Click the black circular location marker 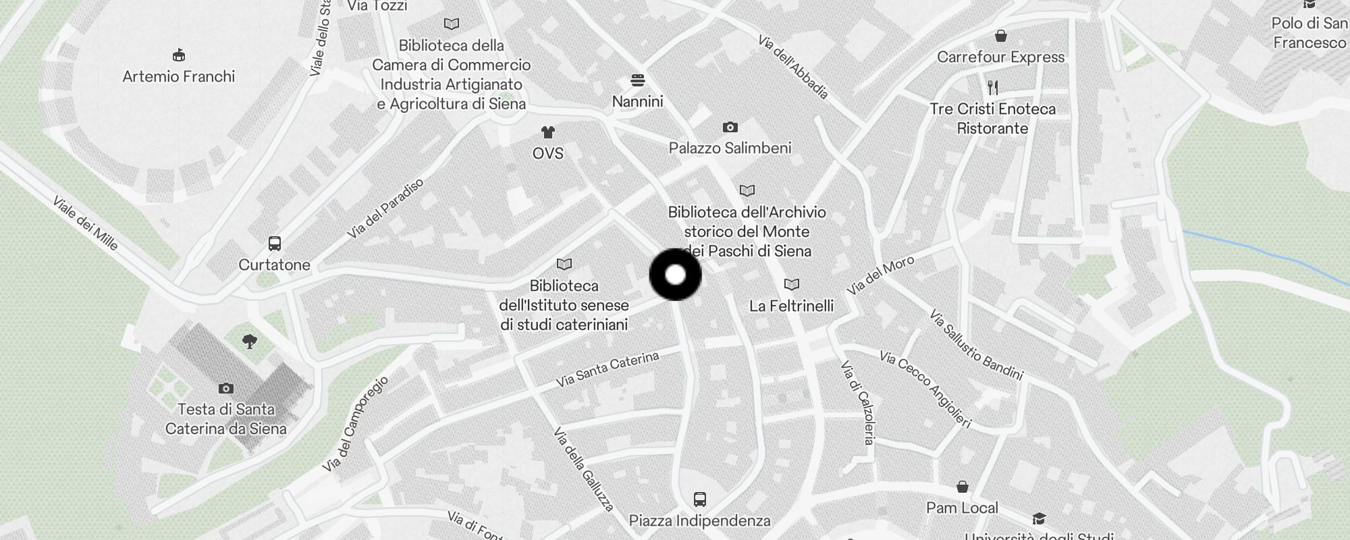point(675,275)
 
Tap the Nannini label point(637,102)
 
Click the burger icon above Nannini point(637,80)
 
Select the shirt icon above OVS point(547,132)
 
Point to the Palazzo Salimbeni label point(730,148)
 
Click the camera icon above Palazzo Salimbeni point(730,127)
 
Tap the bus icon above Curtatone point(274,244)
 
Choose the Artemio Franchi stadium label point(179,76)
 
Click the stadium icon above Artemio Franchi point(179,55)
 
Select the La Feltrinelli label point(791,306)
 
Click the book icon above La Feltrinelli point(791,285)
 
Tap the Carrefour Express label point(1000,57)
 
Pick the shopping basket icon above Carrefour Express point(1000,36)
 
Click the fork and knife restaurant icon point(992,87)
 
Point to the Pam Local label point(962,508)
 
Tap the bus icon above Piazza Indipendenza point(699,500)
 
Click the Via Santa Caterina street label point(607,369)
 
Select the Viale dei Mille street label point(86,223)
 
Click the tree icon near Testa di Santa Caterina point(249,342)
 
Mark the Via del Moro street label point(880,275)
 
